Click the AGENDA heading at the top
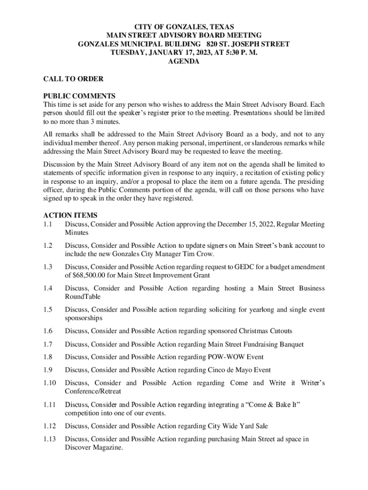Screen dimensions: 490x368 pyautogui.click(x=184, y=62)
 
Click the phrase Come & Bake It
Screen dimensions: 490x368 pyautogui.click(x=268, y=405)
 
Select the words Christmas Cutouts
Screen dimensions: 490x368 pyautogui.click(x=265, y=331)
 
